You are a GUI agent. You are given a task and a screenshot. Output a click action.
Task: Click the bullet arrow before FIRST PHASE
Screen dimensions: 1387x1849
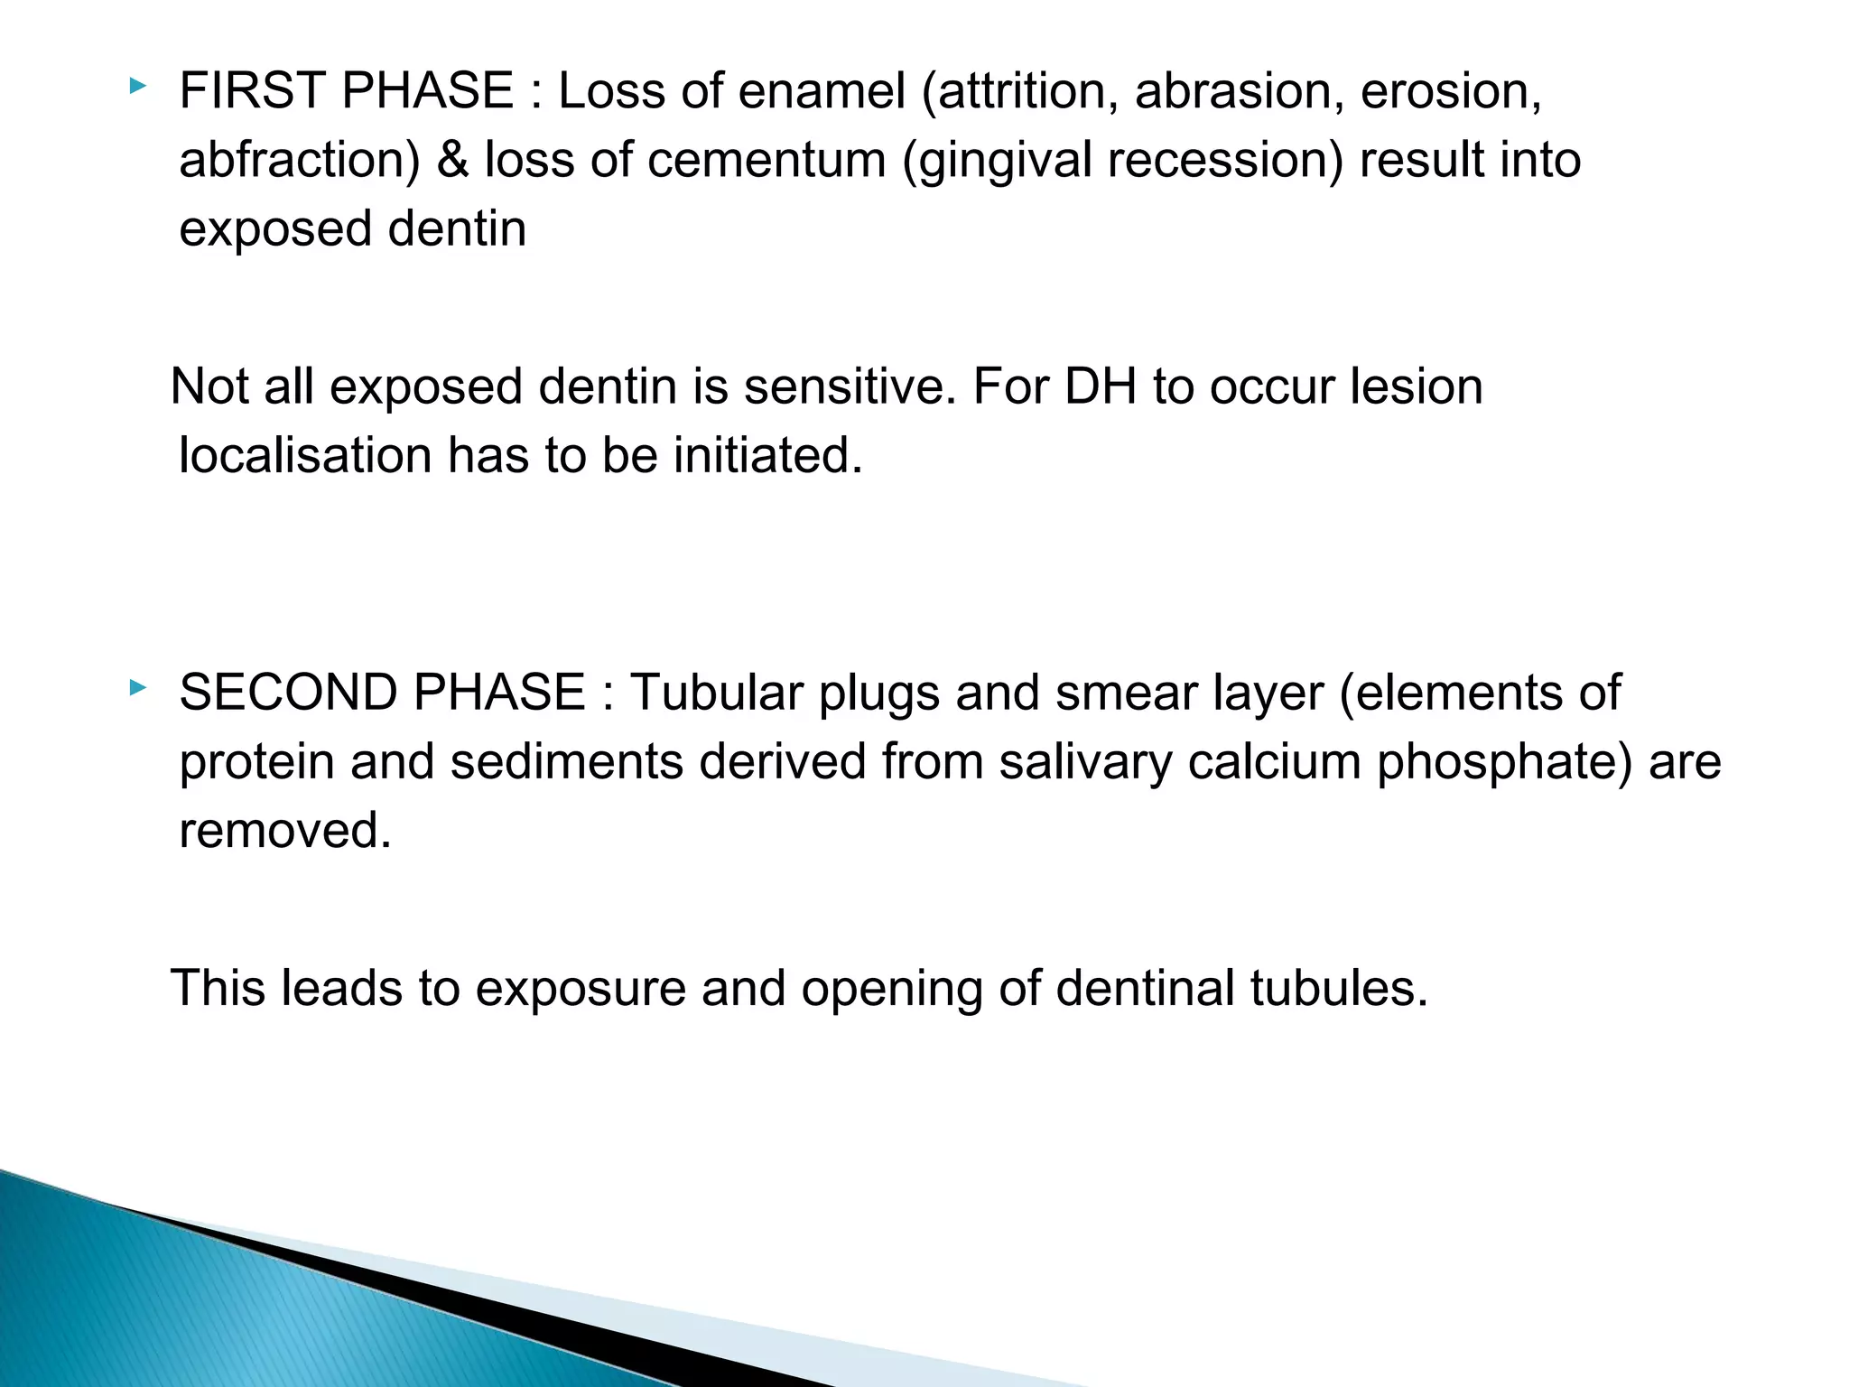pos(136,87)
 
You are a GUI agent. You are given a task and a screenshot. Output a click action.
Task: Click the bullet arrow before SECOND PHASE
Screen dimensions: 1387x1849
pos(136,688)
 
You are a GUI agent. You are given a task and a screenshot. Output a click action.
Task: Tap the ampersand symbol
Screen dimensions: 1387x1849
pos(453,161)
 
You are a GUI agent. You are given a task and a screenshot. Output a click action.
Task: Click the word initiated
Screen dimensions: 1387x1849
pos(767,455)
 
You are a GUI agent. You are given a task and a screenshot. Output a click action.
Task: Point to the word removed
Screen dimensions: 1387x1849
pos(285,831)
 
